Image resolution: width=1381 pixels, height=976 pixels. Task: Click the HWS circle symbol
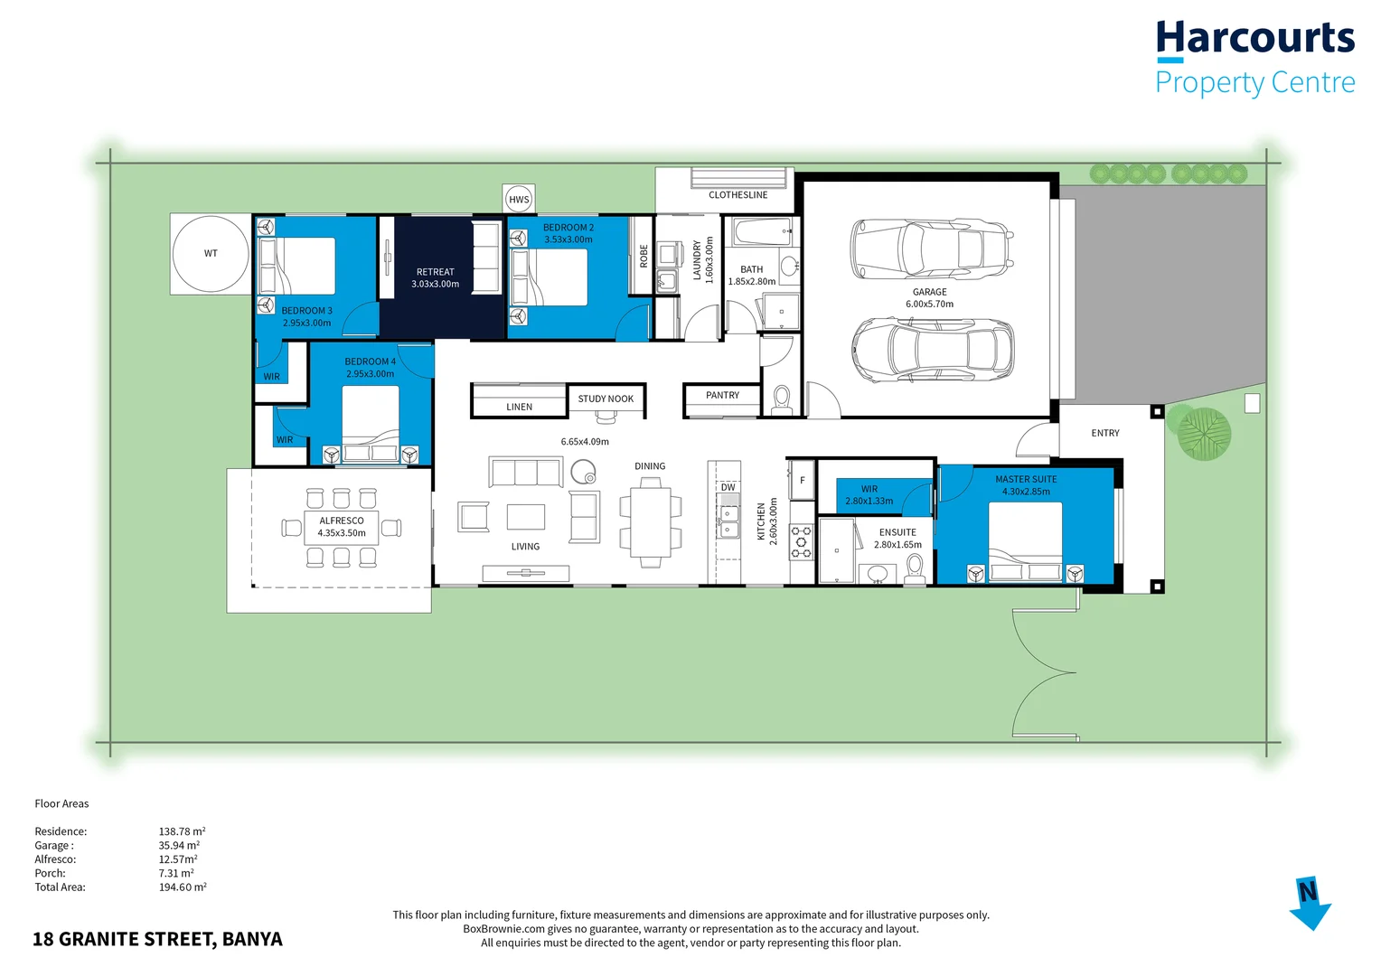click(519, 200)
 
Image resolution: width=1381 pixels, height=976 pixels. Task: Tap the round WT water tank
click(211, 254)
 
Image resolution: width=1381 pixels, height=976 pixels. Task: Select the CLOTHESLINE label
click(737, 195)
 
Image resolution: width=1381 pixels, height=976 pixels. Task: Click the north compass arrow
click(1309, 903)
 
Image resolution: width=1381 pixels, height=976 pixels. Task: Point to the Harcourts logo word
click(1254, 39)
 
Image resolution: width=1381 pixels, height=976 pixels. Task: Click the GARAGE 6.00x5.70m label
click(929, 298)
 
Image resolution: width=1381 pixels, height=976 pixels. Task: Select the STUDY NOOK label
click(606, 399)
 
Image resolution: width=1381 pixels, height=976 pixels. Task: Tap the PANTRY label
click(722, 395)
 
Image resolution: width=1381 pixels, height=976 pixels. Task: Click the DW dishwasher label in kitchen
click(728, 487)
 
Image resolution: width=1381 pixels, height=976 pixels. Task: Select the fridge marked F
click(802, 481)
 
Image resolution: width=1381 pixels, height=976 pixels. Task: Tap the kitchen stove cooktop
click(802, 541)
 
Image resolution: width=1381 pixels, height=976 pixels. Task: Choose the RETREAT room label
click(435, 277)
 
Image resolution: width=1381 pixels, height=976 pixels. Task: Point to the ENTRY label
click(1104, 433)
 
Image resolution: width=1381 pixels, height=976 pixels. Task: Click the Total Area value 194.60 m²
click(183, 887)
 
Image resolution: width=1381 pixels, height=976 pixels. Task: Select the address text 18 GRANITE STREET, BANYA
click(157, 939)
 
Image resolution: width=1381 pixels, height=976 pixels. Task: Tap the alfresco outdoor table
click(341, 527)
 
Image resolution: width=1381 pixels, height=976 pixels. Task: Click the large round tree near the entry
click(1203, 434)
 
